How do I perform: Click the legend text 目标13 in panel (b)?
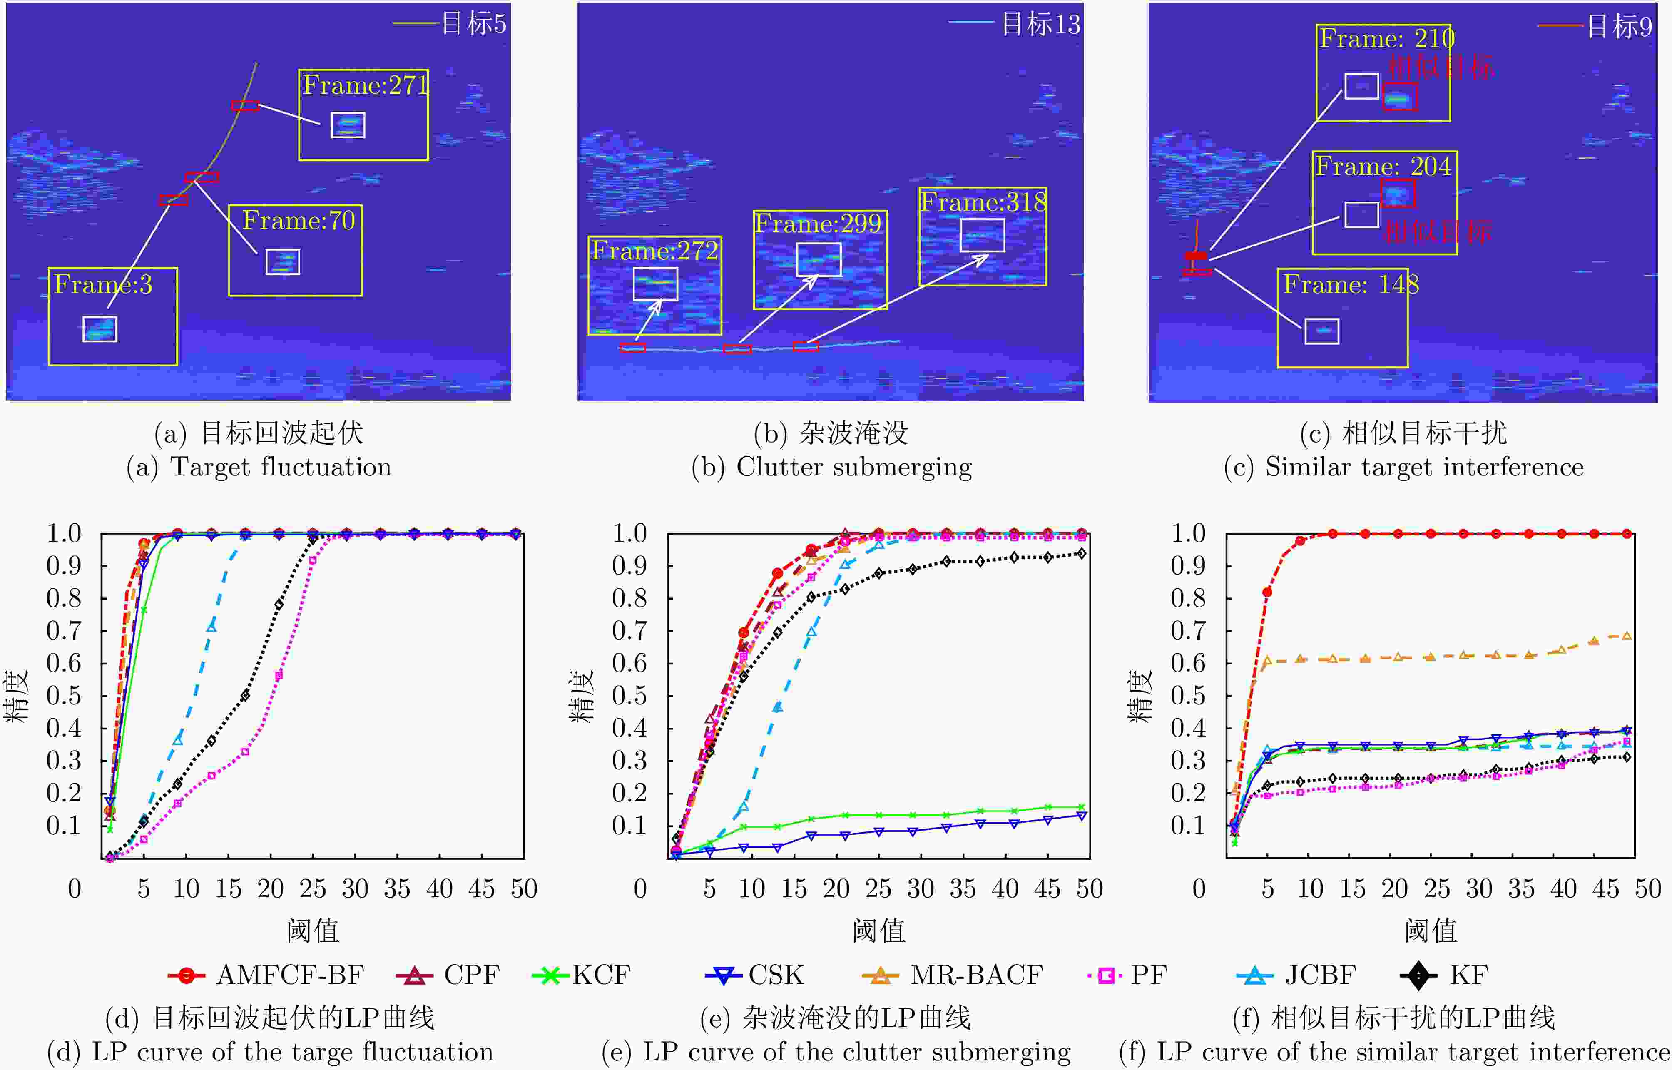point(1040,24)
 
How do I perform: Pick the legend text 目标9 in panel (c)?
point(1619,26)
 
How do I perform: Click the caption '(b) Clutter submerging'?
point(831,467)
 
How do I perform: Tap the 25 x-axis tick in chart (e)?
point(878,888)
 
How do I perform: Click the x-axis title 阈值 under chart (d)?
point(313,931)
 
